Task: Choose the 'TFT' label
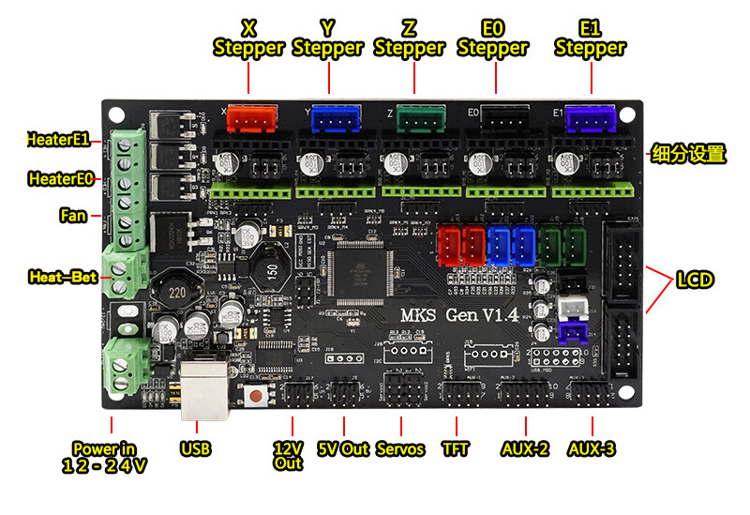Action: click(x=456, y=448)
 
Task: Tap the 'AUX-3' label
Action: click(x=592, y=448)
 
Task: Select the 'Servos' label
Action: click(x=399, y=448)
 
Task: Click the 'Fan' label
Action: click(x=73, y=216)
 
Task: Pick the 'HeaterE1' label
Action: click(x=58, y=140)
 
